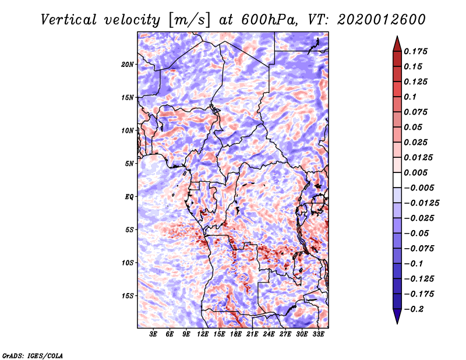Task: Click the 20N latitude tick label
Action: pyautogui.click(x=128, y=65)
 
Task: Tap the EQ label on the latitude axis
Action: pyautogui.click(x=129, y=197)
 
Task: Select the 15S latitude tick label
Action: pyautogui.click(x=128, y=296)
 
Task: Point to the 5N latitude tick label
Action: pyautogui.click(x=129, y=164)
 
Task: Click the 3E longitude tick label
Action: pyautogui.click(x=153, y=334)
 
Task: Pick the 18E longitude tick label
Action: pyautogui.click(x=236, y=334)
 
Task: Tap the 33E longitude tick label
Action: pyautogui.click(x=318, y=334)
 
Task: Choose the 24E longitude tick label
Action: pyautogui.click(x=269, y=334)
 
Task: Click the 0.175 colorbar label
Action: pyautogui.click(x=415, y=51)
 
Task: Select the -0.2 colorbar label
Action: pyautogui.click(x=414, y=309)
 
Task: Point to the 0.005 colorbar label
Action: pyautogui.click(x=415, y=172)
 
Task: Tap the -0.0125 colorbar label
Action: pyautogui.click(x=421, y=203)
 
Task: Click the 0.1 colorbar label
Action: pyautogui.click(x=410, y=97)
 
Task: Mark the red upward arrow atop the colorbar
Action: pyautogui.click(x=397, y=44)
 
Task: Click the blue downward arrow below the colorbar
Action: pyautogui.click(x=397, y=316)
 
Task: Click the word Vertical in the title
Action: pyautogui.click(x=68, y=20)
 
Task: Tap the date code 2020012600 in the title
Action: pyautogui.click(x=382, y=20)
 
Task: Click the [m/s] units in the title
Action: pyautogui.click(x=189, y=20)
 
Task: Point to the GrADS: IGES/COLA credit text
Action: pyautogui.click(x=33, y=355)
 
